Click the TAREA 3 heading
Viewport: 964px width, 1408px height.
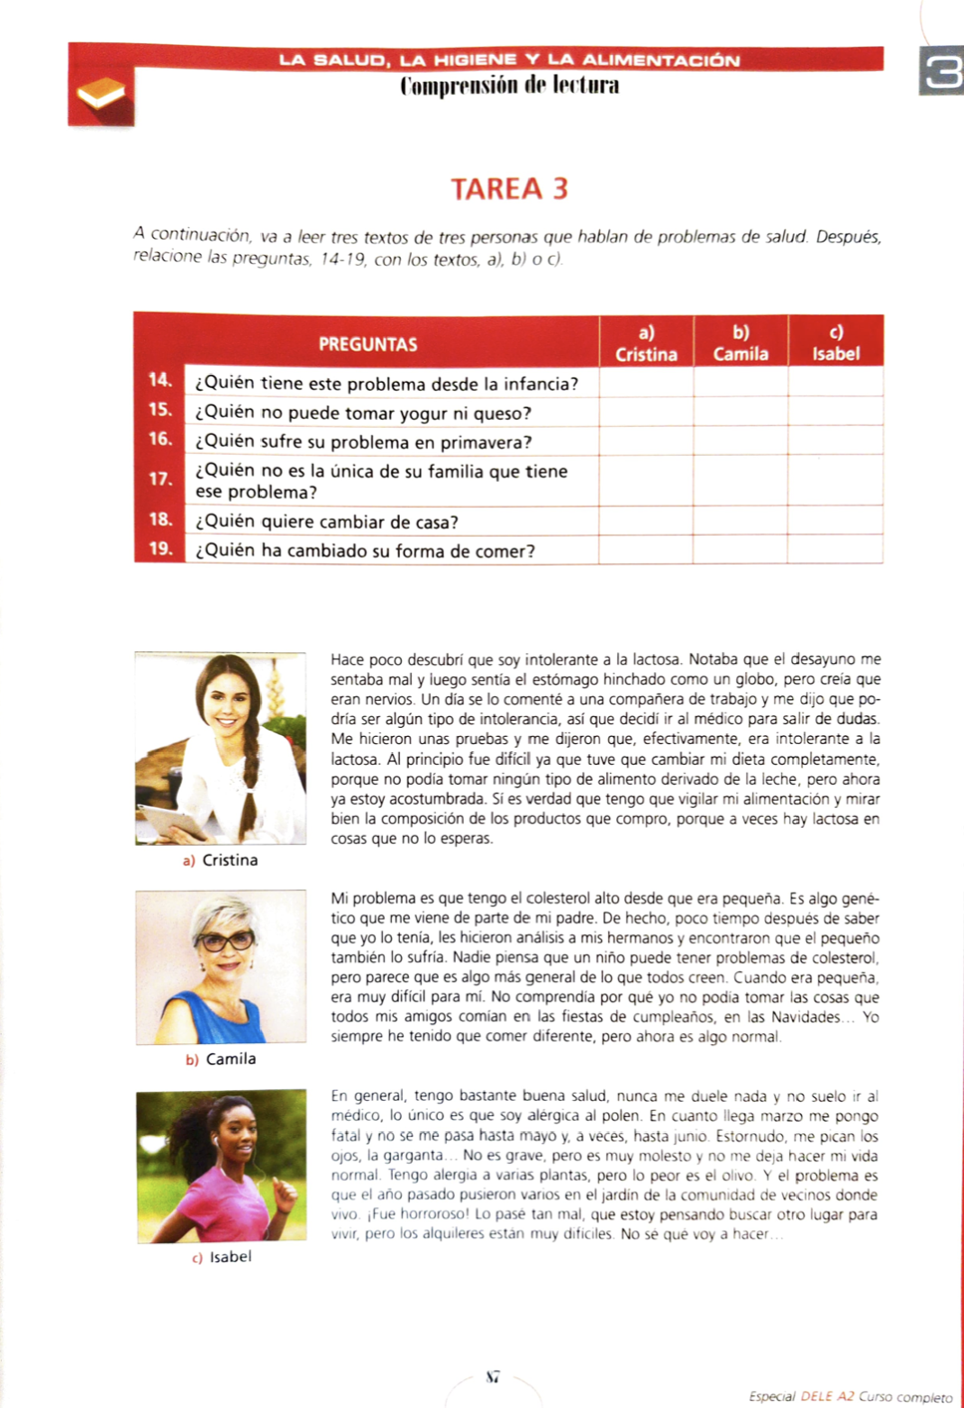(509, 189)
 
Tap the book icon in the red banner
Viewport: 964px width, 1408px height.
(100, 94)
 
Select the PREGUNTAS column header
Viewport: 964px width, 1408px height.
(368, 344)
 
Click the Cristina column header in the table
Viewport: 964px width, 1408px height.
(646, 343)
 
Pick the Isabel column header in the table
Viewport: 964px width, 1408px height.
(835, 343)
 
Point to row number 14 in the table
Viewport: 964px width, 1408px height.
(160, 380)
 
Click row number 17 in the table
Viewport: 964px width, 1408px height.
(160, 479)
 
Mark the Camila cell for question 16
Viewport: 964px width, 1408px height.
(740, 441)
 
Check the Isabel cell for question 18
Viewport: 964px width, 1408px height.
(835, 521)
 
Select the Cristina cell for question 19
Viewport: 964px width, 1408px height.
(646, 550)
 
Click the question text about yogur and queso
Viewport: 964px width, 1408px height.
(363, 413)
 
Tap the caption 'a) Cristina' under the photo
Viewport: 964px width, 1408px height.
(221, 860)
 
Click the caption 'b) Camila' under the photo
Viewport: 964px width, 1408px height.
(222, 1059)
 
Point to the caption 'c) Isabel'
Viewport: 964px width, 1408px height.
(222, 1257)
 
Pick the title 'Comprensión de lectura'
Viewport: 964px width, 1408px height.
(509, 86)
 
